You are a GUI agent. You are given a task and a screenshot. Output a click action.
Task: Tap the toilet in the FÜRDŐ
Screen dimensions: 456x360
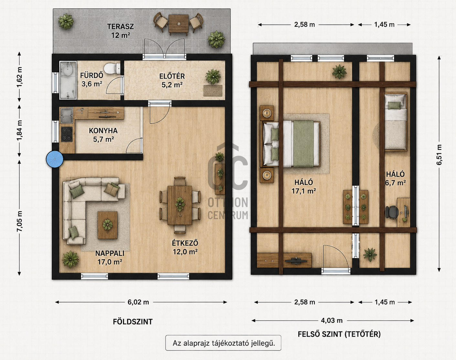coord(111,68)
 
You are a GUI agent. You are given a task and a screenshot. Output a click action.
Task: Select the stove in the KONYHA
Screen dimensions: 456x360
coord(67,134)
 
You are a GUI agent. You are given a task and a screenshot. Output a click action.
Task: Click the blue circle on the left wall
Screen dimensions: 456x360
coord(55,159)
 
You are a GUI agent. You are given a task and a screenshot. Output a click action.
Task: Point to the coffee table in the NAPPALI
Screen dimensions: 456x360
coord(107,225)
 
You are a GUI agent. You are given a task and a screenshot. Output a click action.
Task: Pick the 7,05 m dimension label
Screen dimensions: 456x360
coord(19,221)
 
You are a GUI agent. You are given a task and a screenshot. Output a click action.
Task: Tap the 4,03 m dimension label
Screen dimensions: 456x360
coord(332,320)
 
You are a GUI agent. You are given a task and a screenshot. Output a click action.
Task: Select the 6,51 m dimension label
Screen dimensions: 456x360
coord(439,154)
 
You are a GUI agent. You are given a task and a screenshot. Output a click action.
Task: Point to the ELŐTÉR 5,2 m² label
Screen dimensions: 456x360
coord(172,80)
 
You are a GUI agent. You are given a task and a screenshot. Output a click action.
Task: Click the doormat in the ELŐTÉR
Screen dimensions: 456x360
coord(213,91)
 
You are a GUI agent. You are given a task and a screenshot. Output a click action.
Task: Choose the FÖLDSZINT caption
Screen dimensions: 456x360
coord(133,322)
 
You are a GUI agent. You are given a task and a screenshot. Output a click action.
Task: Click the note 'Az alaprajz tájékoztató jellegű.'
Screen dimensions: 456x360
coord(224,343)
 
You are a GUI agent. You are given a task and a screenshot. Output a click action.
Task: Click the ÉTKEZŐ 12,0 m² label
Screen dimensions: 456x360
coord(185,247)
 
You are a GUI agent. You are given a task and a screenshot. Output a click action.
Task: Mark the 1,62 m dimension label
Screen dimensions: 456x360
coord(19,77)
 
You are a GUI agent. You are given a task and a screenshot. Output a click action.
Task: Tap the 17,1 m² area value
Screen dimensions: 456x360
coord(304,191)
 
